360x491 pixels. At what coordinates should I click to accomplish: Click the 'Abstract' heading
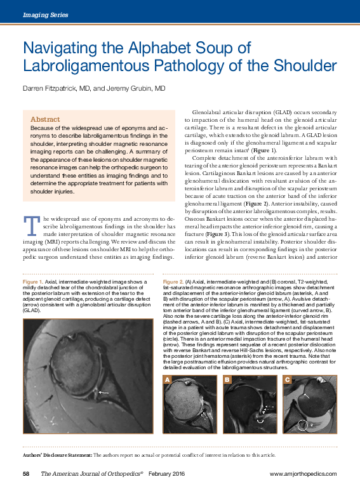click(x=45, y=119)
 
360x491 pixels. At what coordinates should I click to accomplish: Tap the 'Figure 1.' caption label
click(x=32, y=281)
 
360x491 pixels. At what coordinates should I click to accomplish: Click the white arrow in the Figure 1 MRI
click(x=103, y=393)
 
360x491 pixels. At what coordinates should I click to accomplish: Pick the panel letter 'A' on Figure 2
click(x=168, y=379)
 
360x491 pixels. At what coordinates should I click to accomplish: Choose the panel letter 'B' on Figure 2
click(x=227, y=379)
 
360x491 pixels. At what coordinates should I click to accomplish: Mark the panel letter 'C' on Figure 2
click(x=288, y=379)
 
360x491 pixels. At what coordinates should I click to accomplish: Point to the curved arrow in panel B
click(x=259, y=437)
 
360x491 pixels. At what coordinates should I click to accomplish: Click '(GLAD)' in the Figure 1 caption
click(x=32, y=312)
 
